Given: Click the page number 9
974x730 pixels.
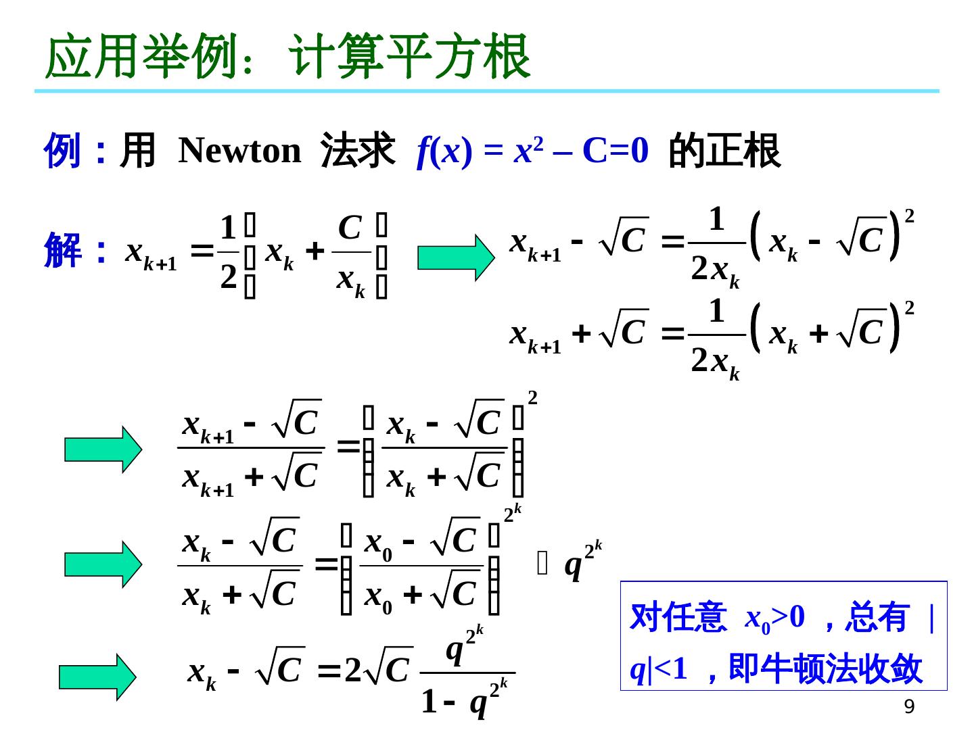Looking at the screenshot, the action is point(910,707).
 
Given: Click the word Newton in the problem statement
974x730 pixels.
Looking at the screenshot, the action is point(239,151).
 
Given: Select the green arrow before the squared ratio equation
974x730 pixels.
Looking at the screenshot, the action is point(103,449).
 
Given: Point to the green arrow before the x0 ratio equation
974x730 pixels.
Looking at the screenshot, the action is point(103,564).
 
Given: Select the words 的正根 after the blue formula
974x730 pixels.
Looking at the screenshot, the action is point(724,151).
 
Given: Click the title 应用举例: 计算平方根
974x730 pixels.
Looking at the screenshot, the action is point(287,57).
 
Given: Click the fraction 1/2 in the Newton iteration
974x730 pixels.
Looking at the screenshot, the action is point(229,251).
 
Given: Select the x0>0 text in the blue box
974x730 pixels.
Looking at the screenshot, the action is point(775,616).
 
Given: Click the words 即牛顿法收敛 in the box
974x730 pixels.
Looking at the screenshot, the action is point(826,668).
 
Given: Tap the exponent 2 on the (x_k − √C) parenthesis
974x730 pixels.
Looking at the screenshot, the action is point(910,216).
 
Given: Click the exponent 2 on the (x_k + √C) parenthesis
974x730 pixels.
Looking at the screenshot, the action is point(910,309).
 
